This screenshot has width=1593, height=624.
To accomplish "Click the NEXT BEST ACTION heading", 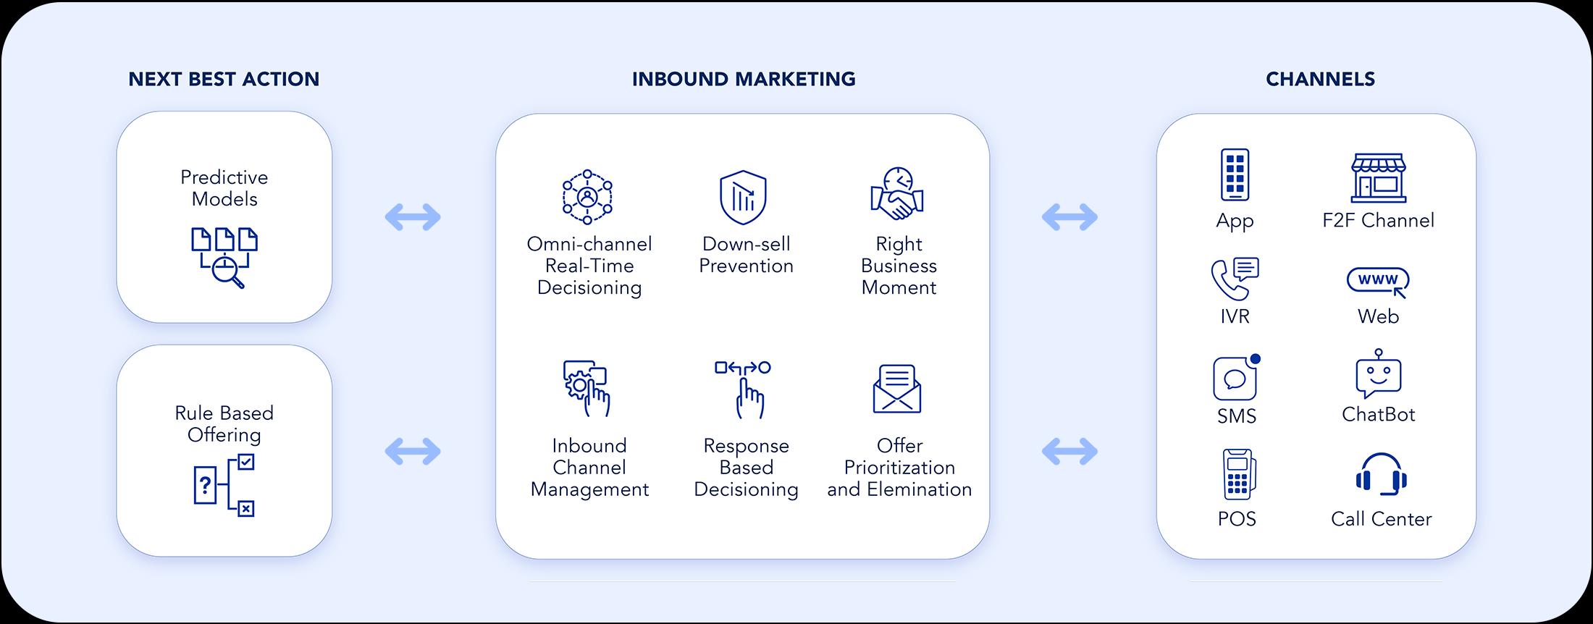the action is [224, 79].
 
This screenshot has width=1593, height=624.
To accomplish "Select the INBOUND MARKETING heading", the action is [744, 79].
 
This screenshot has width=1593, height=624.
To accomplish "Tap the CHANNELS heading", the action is [1320, 79].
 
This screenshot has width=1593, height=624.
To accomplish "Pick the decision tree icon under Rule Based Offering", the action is [224, 484].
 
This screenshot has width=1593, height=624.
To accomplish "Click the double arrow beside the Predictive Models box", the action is [413, 216].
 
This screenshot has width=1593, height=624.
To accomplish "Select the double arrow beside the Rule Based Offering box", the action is [413, 452].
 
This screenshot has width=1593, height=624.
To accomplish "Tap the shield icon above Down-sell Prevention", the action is [743, 198].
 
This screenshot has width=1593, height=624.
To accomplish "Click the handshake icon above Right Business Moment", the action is [897, 194].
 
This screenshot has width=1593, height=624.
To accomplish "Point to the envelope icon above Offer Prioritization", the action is [897, 389].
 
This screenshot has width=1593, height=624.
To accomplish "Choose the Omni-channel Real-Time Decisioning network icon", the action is [587, 197].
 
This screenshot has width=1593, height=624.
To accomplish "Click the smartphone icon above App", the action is [1235, 174].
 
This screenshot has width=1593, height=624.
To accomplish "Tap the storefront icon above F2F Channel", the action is [1378, 177].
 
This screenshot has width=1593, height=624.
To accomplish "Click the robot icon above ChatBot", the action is [1378, 374].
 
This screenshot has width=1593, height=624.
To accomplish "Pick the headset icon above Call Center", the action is [1381, 475].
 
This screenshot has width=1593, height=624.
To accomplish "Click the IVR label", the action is [1235, 316].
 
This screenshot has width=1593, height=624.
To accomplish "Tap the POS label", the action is [1237, 519].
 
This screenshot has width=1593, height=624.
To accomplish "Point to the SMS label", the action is [1237, 416].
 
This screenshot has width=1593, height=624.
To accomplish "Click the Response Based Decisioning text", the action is [746, 468].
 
